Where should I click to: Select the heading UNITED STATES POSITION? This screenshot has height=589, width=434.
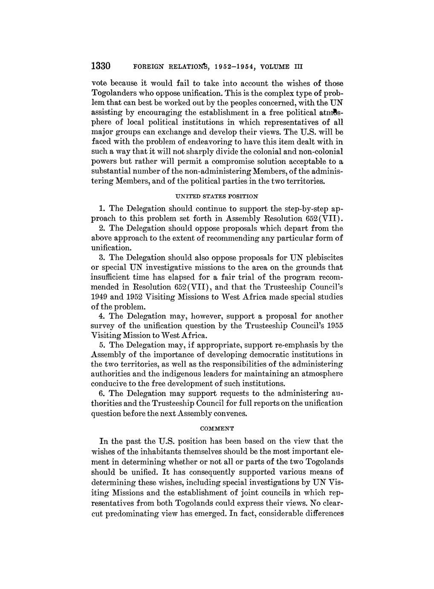217,196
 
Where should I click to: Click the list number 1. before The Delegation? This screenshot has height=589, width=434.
102,209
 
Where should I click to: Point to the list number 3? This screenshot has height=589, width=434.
102,258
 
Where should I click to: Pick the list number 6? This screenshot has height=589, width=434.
102,393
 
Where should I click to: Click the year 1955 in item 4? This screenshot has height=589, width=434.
334,326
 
